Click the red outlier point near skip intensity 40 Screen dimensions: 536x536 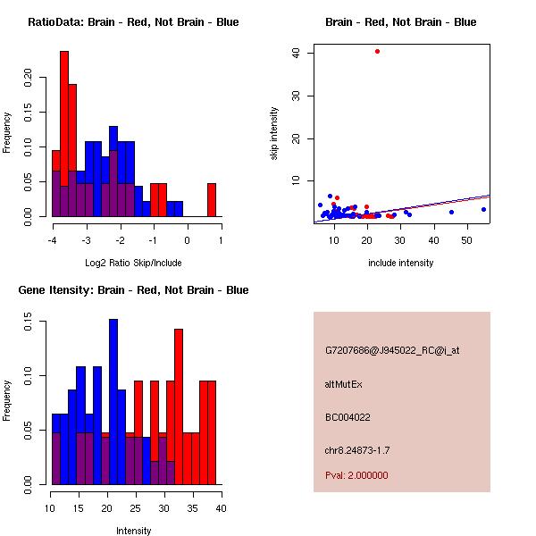[x=377, y=51]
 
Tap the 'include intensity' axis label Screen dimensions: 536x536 [x=400, y=263]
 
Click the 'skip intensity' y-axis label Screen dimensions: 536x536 [x=275, y=134]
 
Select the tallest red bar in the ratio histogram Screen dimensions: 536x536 [x=64, y=134]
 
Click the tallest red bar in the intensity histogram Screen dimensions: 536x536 [x=179, y=406]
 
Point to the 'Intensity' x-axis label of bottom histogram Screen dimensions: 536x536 [x=133, y=531]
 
